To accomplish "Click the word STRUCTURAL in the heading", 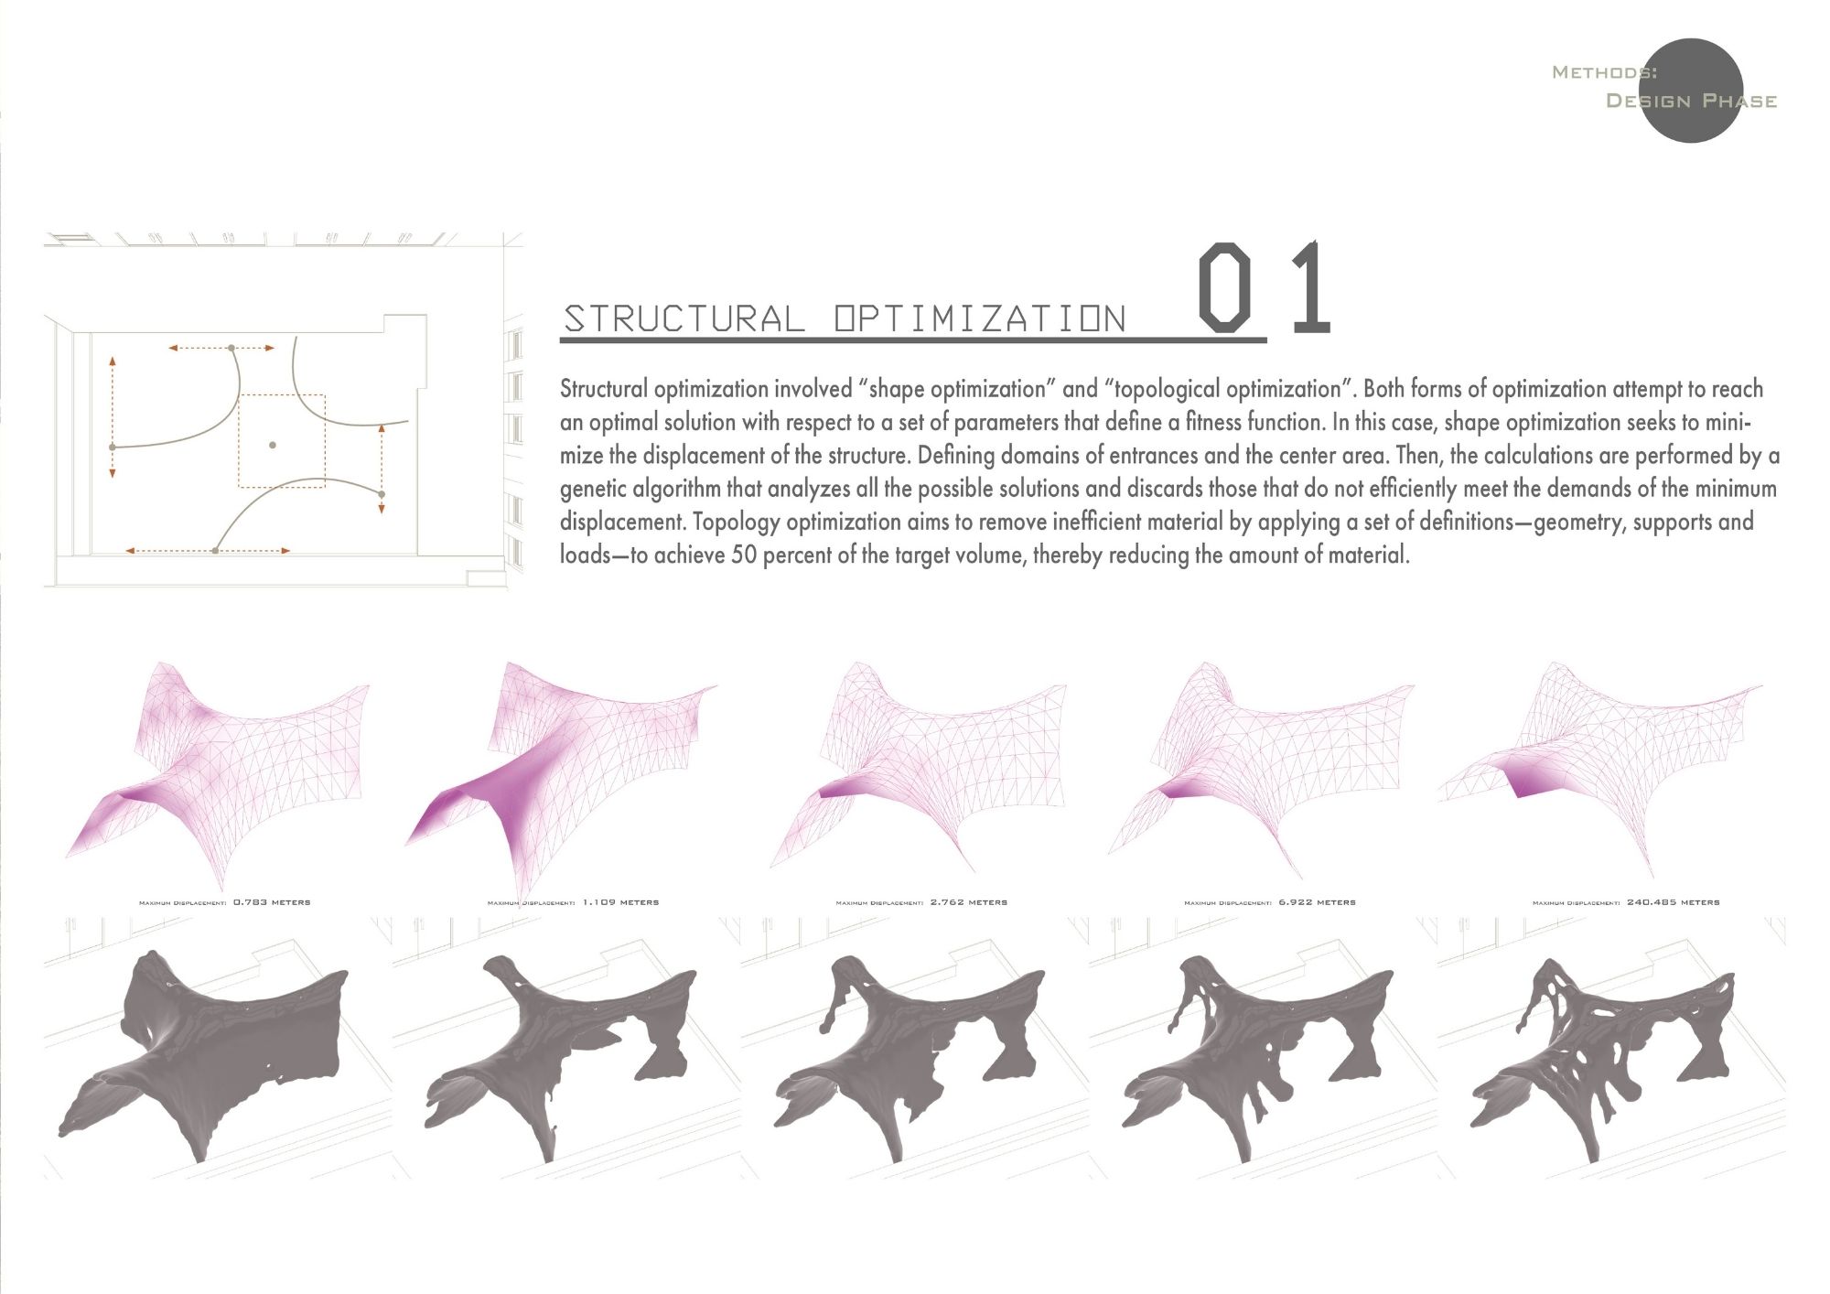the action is [x=684, y=318].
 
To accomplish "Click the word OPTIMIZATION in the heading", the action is [x=980, y=318].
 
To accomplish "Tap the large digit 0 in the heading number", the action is [x=1224, y=287].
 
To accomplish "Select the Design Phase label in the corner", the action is [x=1692, y=101].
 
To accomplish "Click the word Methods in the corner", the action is [x=1604, y=72].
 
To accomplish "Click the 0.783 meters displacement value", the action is [x=272, y=902].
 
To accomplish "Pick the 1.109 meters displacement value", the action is [x=620, y=902].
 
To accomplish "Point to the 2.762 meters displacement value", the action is [x=969, y=902].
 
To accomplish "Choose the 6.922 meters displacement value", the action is [x=1318, y=902].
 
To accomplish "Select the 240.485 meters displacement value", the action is [x=1674, y=902].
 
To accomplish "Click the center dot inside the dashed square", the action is [x=273, y=445].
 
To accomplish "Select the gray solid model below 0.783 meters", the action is [x=210, y=1052].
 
